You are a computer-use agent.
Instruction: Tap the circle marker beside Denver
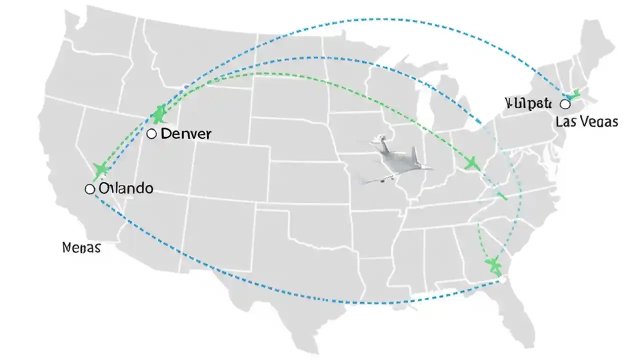[152, 134]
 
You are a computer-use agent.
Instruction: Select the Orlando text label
[126, 188]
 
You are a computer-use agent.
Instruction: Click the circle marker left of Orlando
[90, 189]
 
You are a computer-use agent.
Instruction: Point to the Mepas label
[81, 247]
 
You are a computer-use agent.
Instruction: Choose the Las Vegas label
[586, 121]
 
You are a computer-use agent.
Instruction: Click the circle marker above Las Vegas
[565, 104]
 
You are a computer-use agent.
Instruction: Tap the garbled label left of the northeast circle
[528, 103]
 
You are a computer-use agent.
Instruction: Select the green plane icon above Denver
[159, 114]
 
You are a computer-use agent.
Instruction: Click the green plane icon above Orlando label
[101, 169]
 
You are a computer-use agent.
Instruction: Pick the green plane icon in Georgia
[493, 265]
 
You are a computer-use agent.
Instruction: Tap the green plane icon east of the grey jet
[470, 162]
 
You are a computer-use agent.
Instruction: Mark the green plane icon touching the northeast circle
[573, 94]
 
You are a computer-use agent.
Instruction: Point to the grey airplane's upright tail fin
[414, 156]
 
